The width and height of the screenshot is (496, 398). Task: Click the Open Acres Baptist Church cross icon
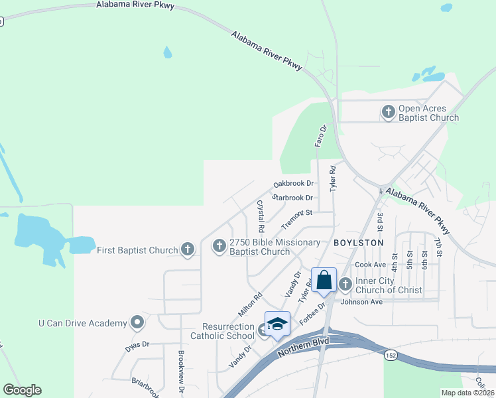[389, 113]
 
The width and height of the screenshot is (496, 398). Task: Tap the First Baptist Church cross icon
[188, 249]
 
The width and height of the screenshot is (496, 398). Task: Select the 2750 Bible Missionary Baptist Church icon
[219, 247]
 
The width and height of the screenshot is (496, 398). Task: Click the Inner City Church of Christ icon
[345, 285]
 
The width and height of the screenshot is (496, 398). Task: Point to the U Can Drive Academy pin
[137, 323]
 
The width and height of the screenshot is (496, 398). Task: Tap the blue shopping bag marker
[324, 279]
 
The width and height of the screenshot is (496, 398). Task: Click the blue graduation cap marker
[277, 323]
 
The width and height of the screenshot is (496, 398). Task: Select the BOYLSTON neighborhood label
[359, 243]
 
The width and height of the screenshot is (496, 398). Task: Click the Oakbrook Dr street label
[293, 184]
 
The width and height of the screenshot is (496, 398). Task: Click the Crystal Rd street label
[261, 216]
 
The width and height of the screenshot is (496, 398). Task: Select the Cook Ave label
[371, 265]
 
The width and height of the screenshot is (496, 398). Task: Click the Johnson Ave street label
[362, 302]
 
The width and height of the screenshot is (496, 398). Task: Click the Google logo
[22, 390]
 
